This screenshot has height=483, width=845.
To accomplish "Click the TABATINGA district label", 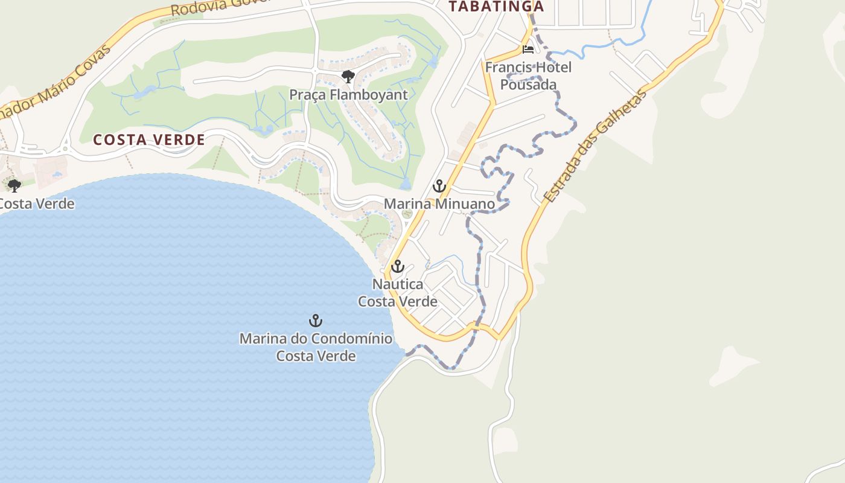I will [x=496, y=7].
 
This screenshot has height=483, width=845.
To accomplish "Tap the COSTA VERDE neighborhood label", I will [x=148, y=140].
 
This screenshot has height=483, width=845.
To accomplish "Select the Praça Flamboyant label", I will [x=348, y=95].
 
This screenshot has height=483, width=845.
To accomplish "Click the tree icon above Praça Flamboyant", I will [x=348, y=77].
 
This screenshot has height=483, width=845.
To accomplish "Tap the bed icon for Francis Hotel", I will [x=528, y=50].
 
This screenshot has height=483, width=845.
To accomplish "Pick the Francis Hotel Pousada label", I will [x=528, y=75].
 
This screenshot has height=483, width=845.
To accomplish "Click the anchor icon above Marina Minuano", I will [x=439, y=186].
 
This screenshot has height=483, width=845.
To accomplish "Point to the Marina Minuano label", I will [x=439, y=204].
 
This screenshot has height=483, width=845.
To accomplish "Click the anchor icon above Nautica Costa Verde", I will [x=397, y=266].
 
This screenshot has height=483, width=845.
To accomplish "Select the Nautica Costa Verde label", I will [x=397, y=292].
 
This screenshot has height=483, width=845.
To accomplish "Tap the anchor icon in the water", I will [x=316, y=321].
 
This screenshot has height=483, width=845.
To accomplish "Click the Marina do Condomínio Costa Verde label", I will [x=316, y=347].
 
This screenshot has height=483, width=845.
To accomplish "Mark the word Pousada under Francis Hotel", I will [x=528, y=85].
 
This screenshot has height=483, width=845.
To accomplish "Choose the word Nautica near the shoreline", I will [x=397, y=284].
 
